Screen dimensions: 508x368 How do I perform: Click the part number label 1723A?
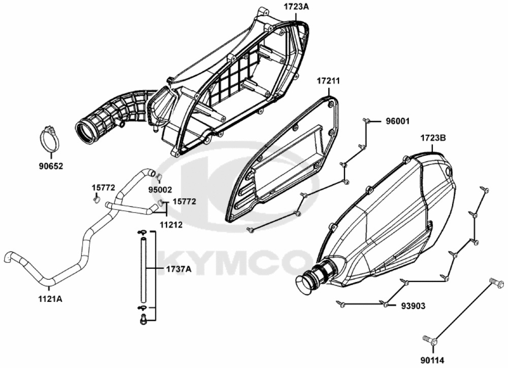pyautogui.click(x=297, y=7)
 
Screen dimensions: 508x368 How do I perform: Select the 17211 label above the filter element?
pyautogui.click(x=328, y=81)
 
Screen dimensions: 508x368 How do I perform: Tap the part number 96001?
pyautogui.click(x=398, y=121)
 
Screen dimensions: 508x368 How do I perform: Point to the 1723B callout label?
pyautogui.click(x=433, y=138)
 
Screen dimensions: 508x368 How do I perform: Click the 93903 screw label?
pyautogui.click(x=413, y=306)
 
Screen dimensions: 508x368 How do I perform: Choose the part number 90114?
pyautogui.click(x=432, y=360)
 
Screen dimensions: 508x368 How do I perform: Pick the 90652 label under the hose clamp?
pyautogui.click(x=51, y=166)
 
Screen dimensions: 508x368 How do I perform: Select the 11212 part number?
pyautogui.click(x=171, y=224)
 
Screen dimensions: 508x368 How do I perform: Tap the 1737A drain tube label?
pyautogui.click(x=178, y=269)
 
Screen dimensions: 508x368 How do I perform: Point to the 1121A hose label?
pyautogui.click(x=50, y=298)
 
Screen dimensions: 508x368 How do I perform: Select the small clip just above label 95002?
pyautogui.click(x=158, y=177)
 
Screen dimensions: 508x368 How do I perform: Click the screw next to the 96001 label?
pyautogui.click(x=366, y=120)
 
